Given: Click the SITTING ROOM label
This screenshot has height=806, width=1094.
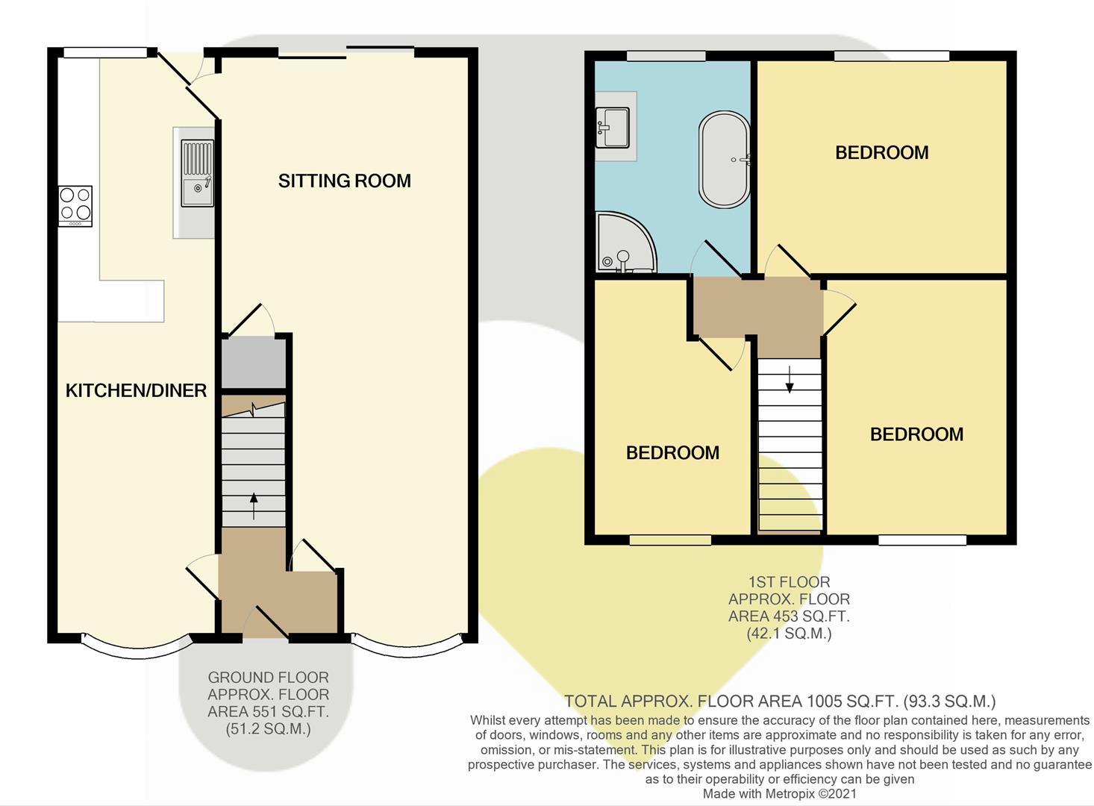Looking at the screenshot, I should point(344,181).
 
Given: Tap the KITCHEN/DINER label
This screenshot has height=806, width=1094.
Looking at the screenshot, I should point(136,390).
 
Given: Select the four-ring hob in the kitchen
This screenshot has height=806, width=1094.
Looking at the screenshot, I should point(75,205).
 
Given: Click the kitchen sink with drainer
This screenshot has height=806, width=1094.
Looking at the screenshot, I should point(197,174).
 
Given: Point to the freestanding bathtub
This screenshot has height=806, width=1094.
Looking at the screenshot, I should point(724,160).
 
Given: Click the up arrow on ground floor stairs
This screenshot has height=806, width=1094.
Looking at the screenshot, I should point(253,506).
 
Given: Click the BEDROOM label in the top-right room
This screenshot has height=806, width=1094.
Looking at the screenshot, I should point(881,153).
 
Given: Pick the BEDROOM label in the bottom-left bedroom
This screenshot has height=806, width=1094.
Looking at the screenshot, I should point(672,453).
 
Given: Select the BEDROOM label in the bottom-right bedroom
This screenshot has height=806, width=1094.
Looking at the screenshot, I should point(916,434).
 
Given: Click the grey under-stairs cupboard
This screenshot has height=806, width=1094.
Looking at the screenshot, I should point(254,363).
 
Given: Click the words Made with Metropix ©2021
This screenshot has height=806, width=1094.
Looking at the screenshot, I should point(780,794).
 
